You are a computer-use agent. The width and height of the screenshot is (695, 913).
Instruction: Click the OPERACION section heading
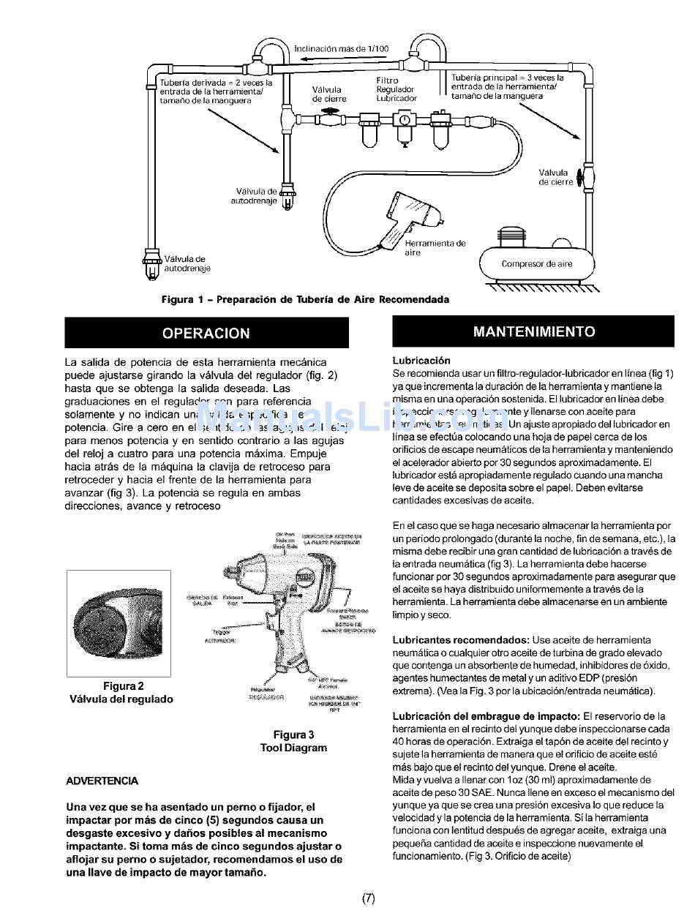[x=206, y=333]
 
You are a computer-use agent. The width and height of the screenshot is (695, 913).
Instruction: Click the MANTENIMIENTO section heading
[x=533, y=331]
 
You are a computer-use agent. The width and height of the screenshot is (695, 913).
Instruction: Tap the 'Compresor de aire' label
[x=537, y=264]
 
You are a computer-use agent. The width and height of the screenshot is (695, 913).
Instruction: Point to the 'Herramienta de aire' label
[x=435, y=248]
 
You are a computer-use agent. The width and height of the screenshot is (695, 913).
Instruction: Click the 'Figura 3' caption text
[x=293, y=734]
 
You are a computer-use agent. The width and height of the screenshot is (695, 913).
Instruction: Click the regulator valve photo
[x=119, y=623]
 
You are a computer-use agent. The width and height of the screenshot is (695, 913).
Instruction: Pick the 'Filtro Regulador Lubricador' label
[x=396, y=89]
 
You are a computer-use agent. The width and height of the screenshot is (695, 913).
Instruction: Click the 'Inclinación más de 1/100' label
[x=341, y=49]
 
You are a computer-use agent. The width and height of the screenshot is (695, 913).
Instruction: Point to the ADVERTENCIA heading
[x=102, y=781]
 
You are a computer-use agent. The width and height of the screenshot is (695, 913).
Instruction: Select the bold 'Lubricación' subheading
[x=421, y=361]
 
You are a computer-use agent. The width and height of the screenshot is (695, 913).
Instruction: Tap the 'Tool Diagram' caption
[x=293, y=748]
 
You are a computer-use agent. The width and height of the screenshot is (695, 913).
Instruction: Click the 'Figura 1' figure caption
[x=305, y=299]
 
